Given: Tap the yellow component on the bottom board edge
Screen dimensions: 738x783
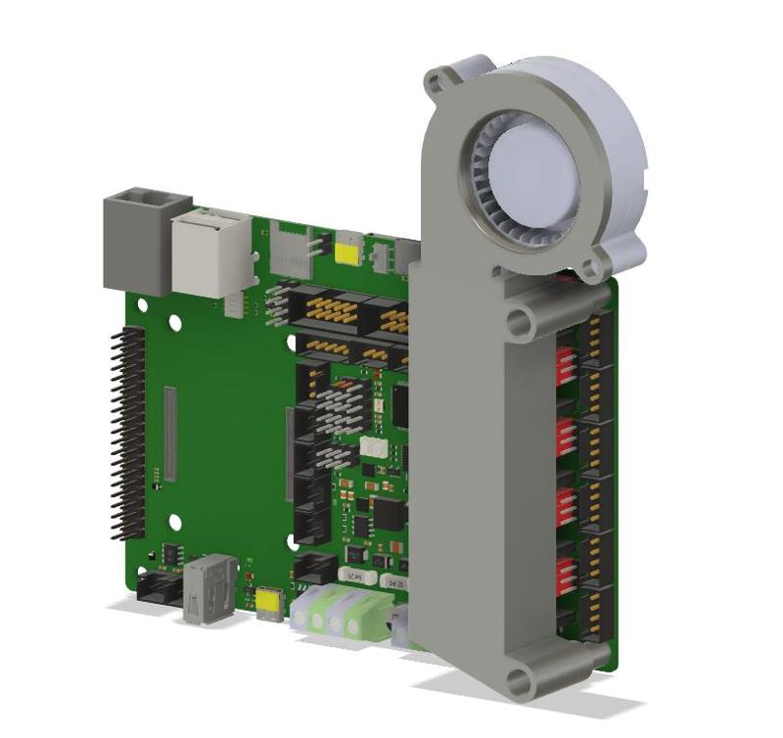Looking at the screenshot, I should pos(268,605).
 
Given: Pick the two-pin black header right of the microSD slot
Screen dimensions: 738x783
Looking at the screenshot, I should pos(318,247).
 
